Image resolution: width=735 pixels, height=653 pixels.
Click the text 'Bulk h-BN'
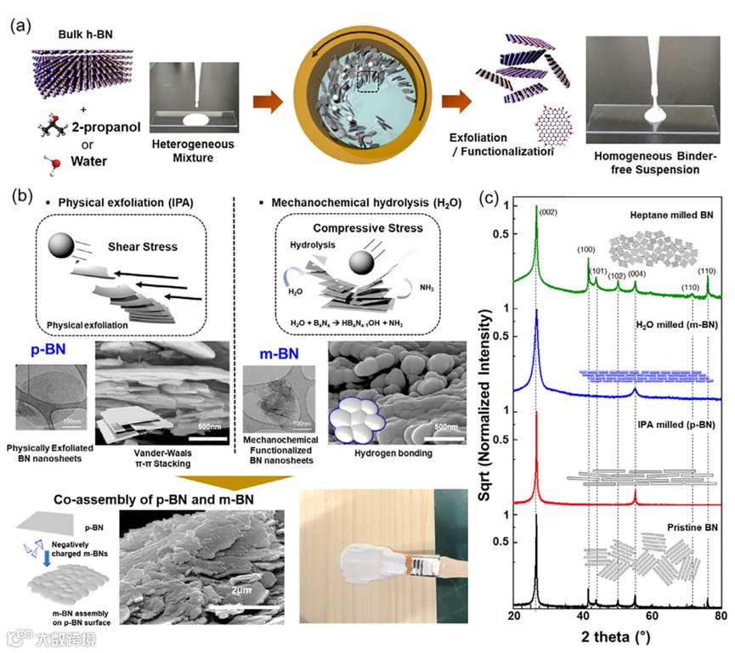coord(67,35)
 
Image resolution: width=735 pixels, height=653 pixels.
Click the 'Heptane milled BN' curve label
coord(670,217)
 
